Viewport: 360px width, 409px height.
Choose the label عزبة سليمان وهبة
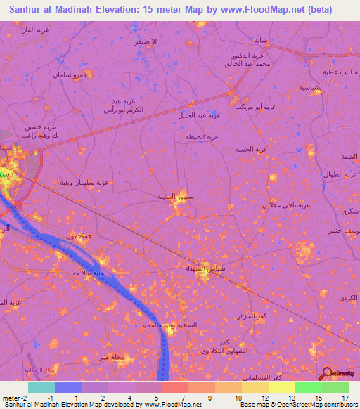85,181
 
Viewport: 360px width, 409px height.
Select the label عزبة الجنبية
250,149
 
